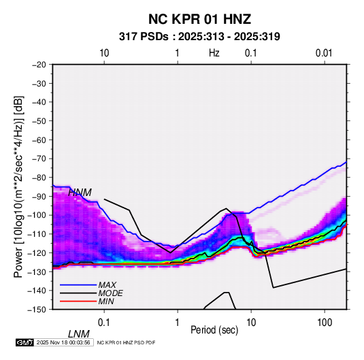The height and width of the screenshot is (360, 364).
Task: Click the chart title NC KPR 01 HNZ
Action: pyautogui.click(x=199, y=19)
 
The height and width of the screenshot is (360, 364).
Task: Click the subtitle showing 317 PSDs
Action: pyautogui.click(x=199, y=37)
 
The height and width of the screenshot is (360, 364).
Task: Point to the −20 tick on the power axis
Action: pyautogui.click(x=39, y=65)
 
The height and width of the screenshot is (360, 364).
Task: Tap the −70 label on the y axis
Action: pyautogui.click(x=39, y=159)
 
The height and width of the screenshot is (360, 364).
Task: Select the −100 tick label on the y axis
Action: pyautogui.click(x=37, y=215)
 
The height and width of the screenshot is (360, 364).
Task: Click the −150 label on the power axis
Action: pyautogui.click(x=37, y=310)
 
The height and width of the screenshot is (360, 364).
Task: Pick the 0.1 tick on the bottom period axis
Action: pyautogui.click(x=103, y=323)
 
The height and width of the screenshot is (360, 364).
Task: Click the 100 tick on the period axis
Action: pyautogui.click(x=325, y=323)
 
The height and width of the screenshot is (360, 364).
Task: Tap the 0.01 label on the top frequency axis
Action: pyautogui.click(x=324, y=53)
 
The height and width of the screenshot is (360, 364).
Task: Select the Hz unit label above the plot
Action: pyautogui.click(x=214, y=53)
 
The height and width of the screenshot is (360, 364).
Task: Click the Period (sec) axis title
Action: pyautogui.click(x=214, y=330)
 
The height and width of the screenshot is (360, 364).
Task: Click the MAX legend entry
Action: pyautogui.click(x=107, y=285)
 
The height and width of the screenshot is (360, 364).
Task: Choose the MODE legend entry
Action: pyautogui.click(x=110, y=293)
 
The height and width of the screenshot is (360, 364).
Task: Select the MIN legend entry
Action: pyautogui.click(x=106, y=301)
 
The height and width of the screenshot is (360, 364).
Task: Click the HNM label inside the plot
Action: pyautogui.click(x=80, y=193)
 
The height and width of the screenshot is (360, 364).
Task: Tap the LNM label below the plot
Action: pyautogui.click(x=79, y=334)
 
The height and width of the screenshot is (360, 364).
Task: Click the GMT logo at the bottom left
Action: pyautogui.click(x=25, y=342)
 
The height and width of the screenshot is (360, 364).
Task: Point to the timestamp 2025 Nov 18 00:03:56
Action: pyautogui.click(x=63, y=342)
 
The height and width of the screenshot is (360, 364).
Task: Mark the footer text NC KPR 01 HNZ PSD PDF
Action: pyautogui.click(x=126, y=342)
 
